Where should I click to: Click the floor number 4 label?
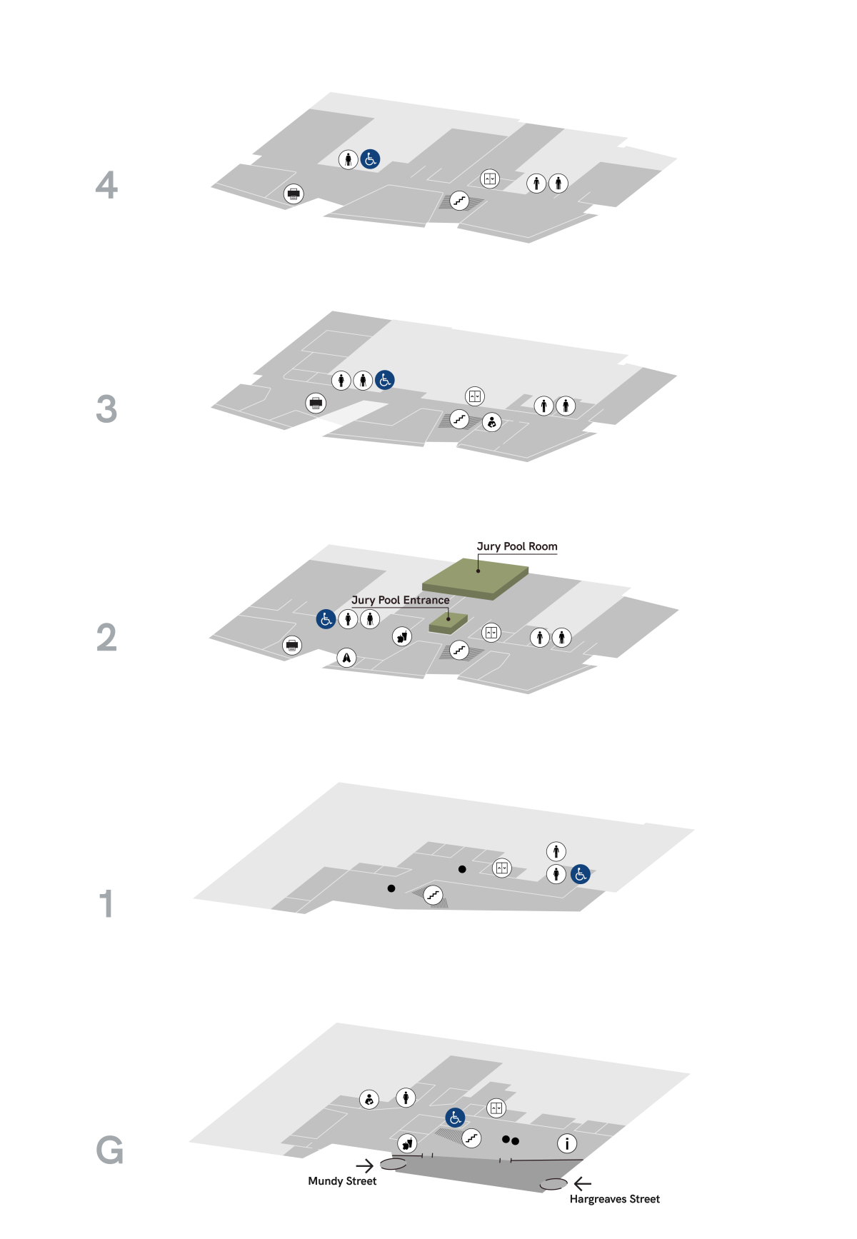coord(106,185)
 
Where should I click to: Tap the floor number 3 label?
coord(106,409)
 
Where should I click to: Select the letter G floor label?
coord(109,1150)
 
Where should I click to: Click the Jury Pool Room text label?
coord(517,546)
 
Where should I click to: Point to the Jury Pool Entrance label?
coord(400,600)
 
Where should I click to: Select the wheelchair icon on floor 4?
coord(370,159)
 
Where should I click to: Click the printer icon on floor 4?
coord(293,194)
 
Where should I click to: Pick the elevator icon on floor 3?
coord(475,396)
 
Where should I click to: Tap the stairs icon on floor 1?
coord(433,894)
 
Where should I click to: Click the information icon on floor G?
coord(567,1143)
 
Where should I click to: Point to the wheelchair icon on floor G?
coord(455,1118)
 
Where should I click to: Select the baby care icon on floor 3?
coord(491,422)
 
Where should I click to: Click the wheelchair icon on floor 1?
coord(581,873)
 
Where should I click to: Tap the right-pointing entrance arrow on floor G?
coord(364,1166)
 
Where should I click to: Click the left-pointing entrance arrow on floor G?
coord(583,1184)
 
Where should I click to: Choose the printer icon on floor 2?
coord(291,646)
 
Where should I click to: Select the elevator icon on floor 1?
coord(502,868)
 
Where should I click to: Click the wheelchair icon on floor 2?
coord(326,619)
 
